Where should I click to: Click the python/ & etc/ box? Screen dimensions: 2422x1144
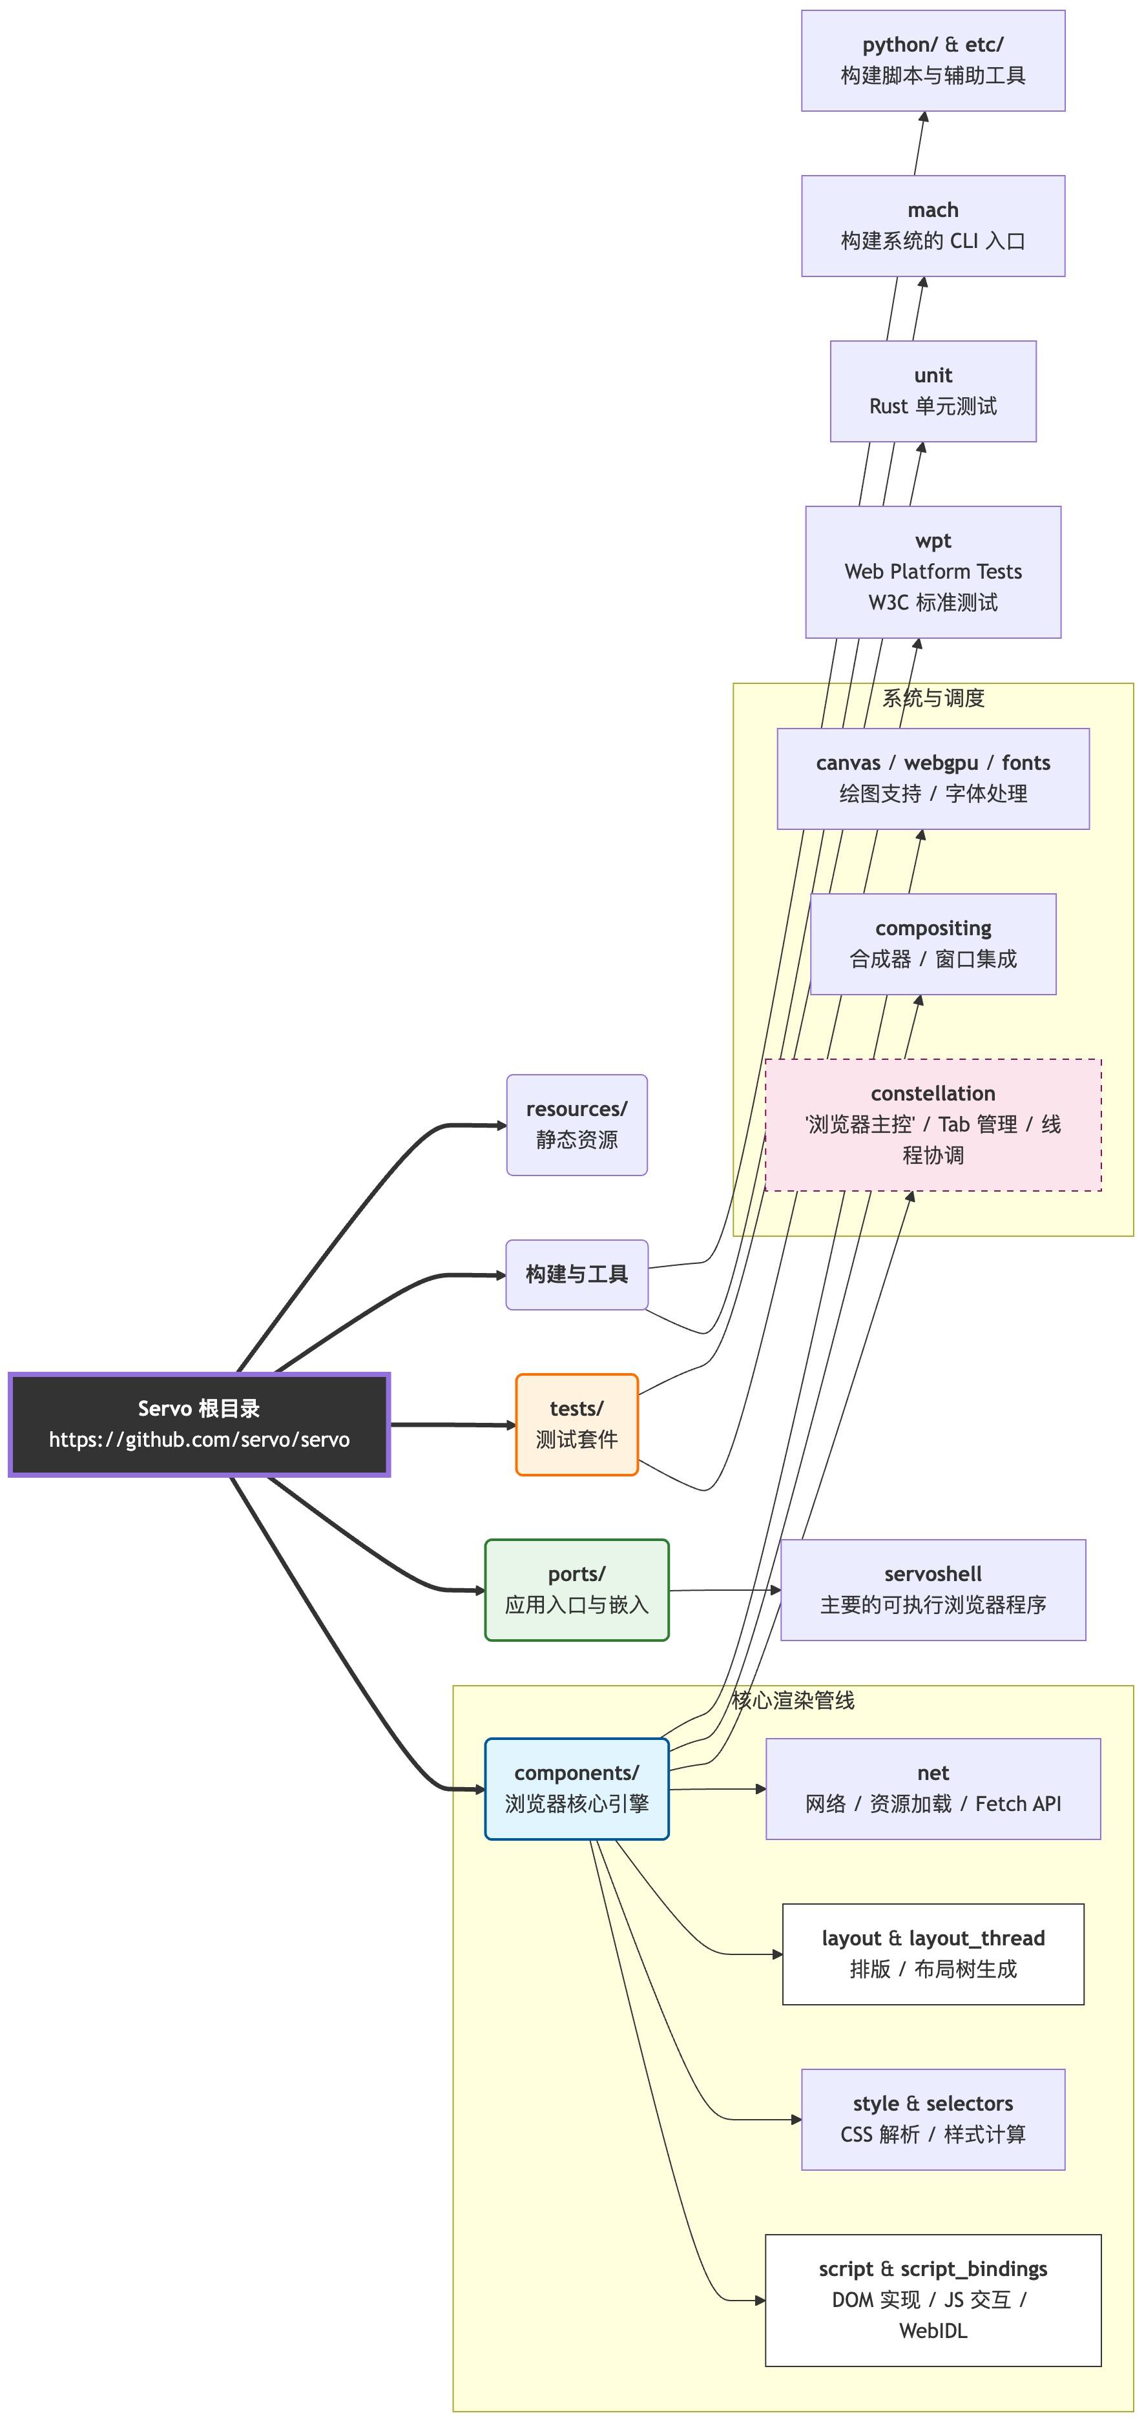tap(933, 60)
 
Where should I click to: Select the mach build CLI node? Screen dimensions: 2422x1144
tap(933, 225)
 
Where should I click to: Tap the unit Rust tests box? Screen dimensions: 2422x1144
tap(933, 391)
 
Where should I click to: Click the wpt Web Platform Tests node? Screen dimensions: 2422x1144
tap(933, 572)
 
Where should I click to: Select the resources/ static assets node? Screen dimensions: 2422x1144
tap(576, 1124)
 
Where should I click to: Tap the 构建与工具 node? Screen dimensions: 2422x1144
tap(576, 1274)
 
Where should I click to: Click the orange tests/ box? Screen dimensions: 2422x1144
tap(576, 1424)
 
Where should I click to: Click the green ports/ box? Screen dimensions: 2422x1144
tap(576, 1590)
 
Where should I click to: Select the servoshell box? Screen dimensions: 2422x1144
tap(933, 1590)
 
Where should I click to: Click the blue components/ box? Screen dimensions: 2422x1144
tap(576, 1788)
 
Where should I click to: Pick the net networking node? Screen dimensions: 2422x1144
tap(933, 1788)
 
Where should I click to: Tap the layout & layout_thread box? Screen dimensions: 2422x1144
tap(933, 1954)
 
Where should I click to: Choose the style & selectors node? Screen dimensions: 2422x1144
tap(933, 2119)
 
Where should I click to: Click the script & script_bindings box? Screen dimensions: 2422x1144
tap(933, 2300)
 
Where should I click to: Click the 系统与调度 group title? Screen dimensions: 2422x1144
tap(933, 698)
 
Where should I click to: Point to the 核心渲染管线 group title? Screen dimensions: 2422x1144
tap(793, 1700)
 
